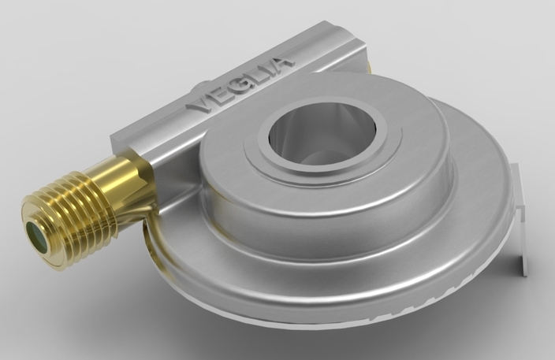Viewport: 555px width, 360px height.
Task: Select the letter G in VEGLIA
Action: [x=237, y=87]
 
